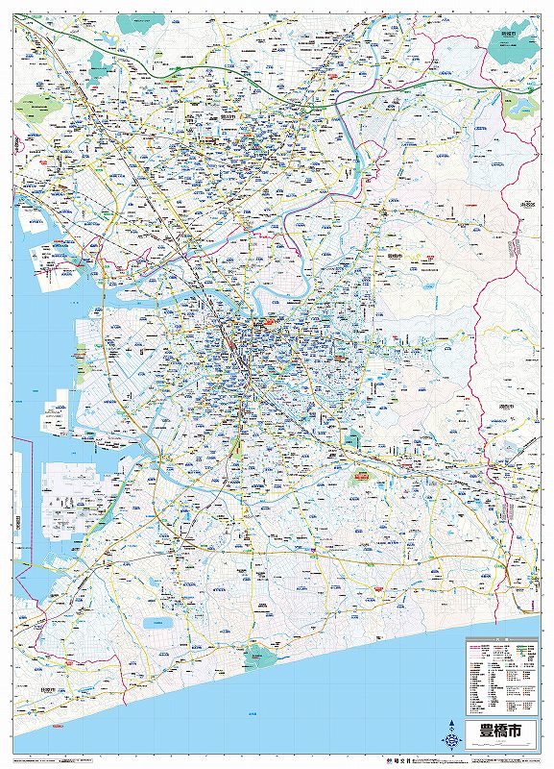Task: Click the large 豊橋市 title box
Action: pos(496,731)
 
